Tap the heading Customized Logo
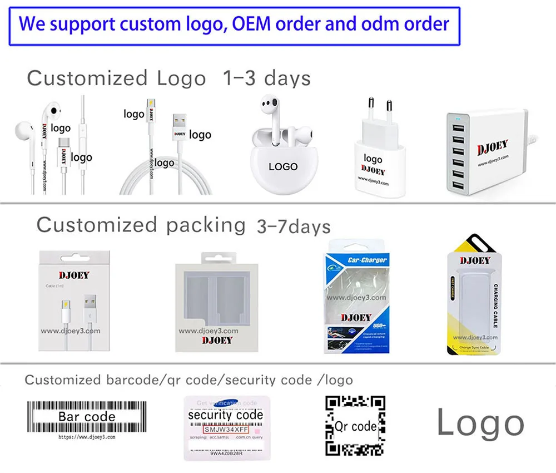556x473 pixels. [116, 78]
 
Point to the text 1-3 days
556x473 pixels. [266, 78]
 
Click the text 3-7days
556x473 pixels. [294, 226]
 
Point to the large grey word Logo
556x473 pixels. [480, 423]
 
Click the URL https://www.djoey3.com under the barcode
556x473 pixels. [87, 437]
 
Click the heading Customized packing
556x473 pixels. [141, 225]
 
